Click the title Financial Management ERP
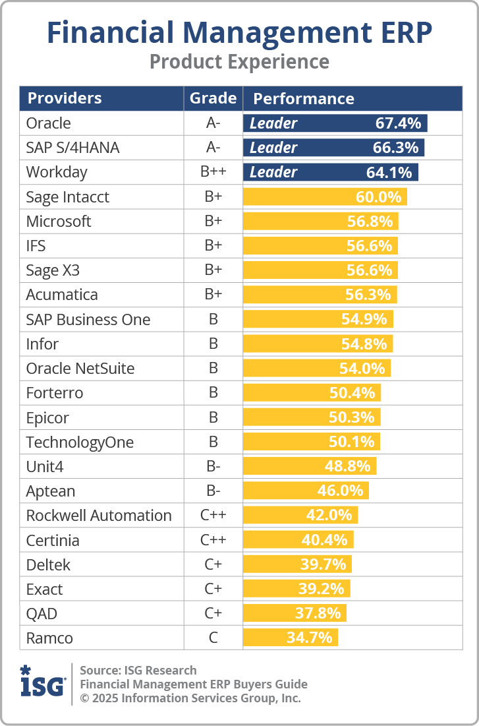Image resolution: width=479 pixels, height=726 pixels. coord(239,33)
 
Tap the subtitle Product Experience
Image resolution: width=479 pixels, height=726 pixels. coord(239,62)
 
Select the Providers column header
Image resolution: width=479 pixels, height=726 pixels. coord(65,98)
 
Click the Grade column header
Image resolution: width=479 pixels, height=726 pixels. coord(213,98)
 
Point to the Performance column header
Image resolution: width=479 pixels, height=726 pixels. coord(304,99)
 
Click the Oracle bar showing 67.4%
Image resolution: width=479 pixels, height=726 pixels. coord(335,123)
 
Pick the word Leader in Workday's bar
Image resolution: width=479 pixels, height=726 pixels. coord(273,172)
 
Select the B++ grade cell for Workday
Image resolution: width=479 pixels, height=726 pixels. coord(213,172)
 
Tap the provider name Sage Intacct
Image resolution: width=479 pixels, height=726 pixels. coord(67,197)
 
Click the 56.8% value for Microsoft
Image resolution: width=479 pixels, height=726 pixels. coord(370,222)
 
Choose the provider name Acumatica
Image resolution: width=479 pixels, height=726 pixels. coord(61,295)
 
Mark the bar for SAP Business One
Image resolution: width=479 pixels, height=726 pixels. coord(318,319)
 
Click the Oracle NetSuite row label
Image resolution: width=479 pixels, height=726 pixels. coord(80,369)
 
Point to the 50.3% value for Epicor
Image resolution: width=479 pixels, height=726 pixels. coord(351,417)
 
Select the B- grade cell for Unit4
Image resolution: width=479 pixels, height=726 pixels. coord(213,467)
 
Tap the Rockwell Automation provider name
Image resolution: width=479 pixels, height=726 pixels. coord(99,516)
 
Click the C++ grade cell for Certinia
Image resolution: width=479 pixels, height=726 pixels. coord(213,541)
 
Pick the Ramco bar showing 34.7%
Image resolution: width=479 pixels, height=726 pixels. coord(291,638)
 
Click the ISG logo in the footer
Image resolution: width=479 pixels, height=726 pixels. coord(43,682)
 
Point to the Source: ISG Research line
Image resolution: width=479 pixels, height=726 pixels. coord(138,671)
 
